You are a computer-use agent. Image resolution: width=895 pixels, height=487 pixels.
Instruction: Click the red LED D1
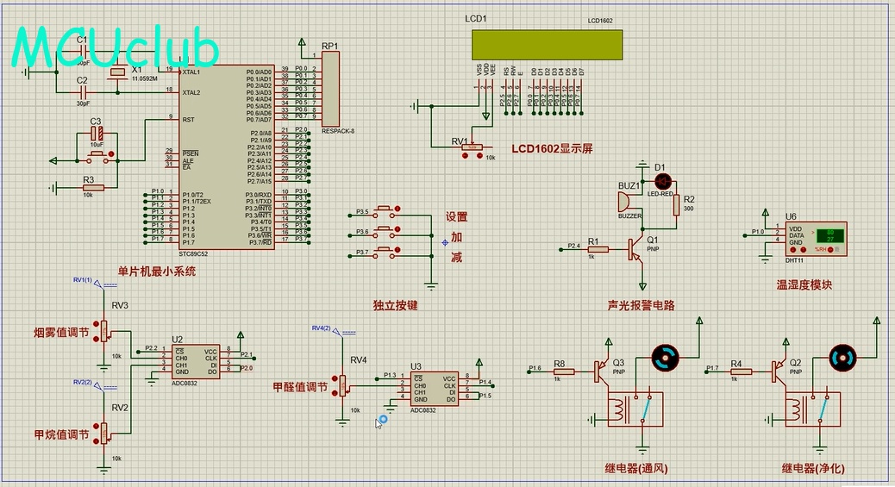tap(663, 182)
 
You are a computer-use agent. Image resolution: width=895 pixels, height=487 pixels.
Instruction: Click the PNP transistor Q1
tap(635, 248)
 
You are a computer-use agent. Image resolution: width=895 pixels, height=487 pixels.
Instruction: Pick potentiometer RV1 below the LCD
tap(471, 147)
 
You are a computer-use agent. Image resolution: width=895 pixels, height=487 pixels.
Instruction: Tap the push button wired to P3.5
tap(387, 211)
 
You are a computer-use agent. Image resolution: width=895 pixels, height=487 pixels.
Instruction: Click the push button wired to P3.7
tap(387, 253)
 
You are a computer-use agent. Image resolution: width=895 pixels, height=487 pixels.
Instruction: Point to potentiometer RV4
tap(343, 384)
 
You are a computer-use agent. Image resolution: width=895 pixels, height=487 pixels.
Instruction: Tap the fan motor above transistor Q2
tap(842, 359)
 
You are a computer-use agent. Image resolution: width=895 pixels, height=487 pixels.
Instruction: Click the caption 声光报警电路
tap(641, 305)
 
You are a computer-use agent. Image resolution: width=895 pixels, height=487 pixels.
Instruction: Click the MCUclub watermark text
tap(116, 48)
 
